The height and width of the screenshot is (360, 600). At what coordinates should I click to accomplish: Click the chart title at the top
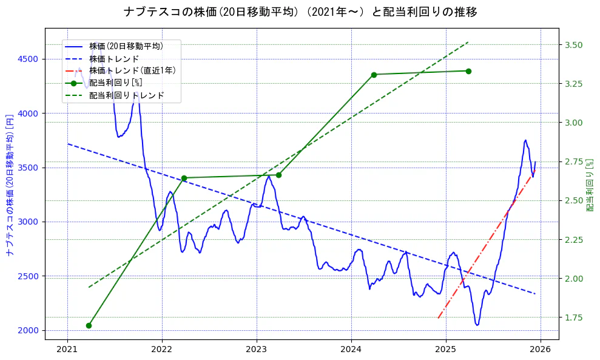[x=300, y=12]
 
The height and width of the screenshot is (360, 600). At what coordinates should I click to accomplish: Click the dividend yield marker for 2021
[x=89, y=325]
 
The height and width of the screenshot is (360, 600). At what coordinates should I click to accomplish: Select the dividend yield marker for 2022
[x=184, y=178]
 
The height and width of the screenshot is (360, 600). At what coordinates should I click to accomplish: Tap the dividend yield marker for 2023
[x=278, y=175]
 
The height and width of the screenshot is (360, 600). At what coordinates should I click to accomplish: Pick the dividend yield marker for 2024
[x=374, y=75]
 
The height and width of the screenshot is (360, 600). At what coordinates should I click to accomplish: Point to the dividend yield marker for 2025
[x=468, y=71]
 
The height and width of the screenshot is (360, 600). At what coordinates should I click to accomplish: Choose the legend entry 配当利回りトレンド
[x=126, y=96]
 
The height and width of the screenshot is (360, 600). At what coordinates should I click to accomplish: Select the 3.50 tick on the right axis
[x=573, y=45]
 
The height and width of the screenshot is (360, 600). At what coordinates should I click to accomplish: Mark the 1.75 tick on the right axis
[x=573, y=318]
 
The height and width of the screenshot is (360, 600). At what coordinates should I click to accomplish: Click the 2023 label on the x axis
[x=257, y=350]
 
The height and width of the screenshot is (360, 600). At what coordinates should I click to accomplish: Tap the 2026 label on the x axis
[x=540, y=350]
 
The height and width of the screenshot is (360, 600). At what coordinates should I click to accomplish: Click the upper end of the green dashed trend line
[x=468, y=42]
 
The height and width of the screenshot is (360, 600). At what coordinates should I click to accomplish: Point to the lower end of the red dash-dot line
[x=438, y=318]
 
